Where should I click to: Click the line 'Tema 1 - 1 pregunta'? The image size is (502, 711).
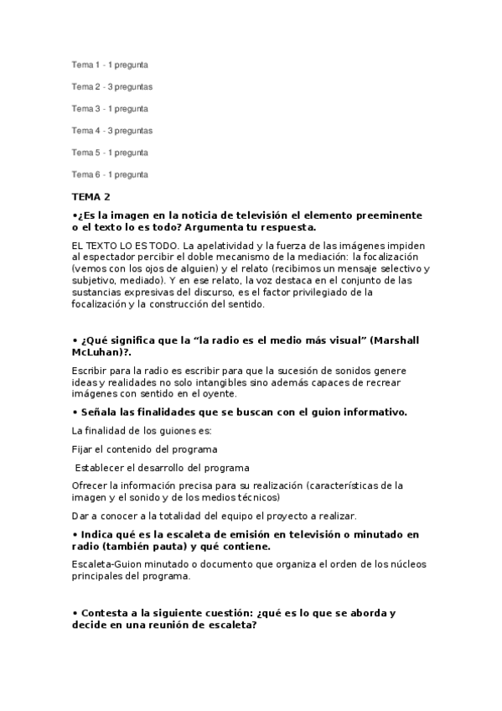110,65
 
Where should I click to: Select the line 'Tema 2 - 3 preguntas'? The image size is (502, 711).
112,86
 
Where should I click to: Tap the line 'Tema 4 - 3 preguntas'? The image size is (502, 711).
112,130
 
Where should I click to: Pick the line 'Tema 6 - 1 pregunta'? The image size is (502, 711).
110,174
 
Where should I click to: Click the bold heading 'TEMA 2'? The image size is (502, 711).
91,197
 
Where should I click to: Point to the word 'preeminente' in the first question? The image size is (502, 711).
386,215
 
